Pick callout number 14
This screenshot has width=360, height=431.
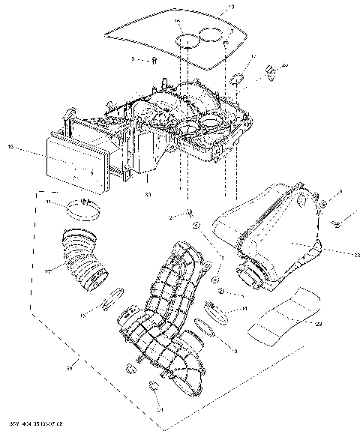pos(244,308)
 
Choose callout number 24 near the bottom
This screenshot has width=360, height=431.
pos(160,409)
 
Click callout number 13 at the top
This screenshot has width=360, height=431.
pos(230,7)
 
